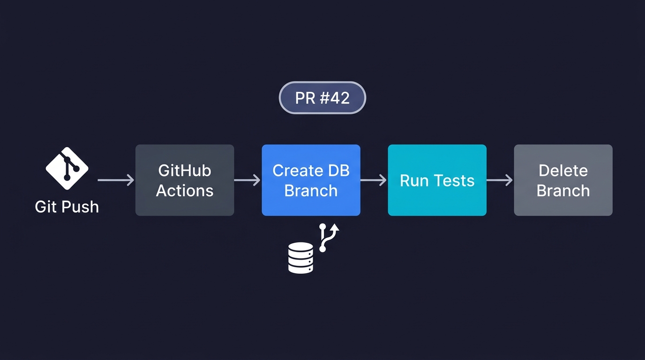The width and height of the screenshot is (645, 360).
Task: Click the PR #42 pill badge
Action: coord(322,97)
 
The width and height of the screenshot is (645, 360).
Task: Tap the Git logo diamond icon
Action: coord(67,168)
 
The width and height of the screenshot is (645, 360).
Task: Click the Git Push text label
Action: coord(67,207)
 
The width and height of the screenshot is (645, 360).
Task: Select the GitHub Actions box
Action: coord(185,180)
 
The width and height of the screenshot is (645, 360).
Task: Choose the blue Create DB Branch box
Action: coord(311,180)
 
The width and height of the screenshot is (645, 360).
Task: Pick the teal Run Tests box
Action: coord(437,180)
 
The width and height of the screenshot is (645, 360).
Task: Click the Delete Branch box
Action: coord(563,180)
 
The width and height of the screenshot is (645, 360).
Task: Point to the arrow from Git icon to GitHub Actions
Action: coord(116,180)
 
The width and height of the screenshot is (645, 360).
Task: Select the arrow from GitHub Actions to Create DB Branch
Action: coord(247,180)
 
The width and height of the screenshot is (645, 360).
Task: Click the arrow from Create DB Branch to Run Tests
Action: coord(374,180)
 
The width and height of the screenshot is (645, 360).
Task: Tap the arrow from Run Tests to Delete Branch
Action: coord(500,180)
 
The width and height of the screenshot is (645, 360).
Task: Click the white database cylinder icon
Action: coord(300,257)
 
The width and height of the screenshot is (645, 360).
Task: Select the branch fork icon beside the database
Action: coord(328,237)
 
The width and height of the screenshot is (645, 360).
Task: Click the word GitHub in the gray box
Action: coord(185,170)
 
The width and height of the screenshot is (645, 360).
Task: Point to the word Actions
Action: coord(185,191)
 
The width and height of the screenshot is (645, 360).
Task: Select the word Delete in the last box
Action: coord(563,170)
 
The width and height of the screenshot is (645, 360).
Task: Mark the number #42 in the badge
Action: coord(335,98)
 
